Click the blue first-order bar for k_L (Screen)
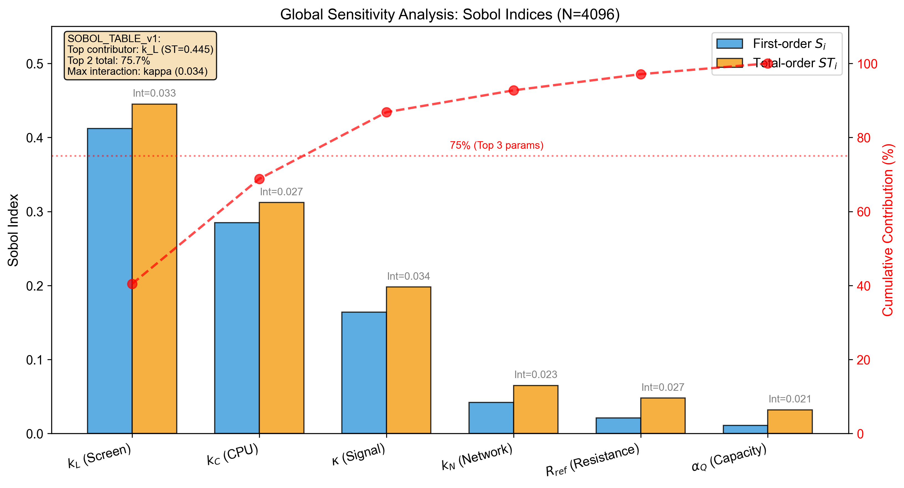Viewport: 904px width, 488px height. (109, 281)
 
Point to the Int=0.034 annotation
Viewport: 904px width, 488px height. (408, 276)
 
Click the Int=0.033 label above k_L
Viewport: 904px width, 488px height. (154, 93)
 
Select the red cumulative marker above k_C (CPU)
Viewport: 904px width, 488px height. (259, 179)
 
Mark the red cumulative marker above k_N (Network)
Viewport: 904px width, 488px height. (514, 91)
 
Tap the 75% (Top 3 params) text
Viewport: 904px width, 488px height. (496, 145)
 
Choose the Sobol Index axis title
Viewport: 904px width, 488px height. (13, 230)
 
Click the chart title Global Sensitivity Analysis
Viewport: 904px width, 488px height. (450, 14)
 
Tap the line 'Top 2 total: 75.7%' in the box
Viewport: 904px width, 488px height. (109, 60)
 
